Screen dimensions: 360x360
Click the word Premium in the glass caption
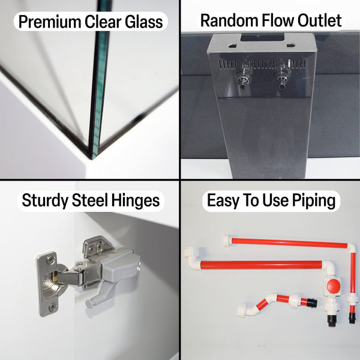point(49,22)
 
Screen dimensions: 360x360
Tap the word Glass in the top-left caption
point(144,22)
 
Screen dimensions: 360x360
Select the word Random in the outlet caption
point(229,20)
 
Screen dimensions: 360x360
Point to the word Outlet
point(320,20)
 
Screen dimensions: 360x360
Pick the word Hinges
point(136,201)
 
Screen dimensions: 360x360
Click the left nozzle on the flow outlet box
point(244,76)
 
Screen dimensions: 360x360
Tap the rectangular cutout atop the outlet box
point(262,37)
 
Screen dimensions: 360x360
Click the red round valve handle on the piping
point(334,286)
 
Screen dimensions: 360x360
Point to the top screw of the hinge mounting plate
point(50,259)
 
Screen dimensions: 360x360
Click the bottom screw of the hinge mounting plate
point(53,307)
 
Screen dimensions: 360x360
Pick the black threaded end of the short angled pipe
point(312,302)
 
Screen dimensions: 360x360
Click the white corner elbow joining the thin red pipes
point(352,248)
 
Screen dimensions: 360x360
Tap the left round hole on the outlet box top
point(232,46)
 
